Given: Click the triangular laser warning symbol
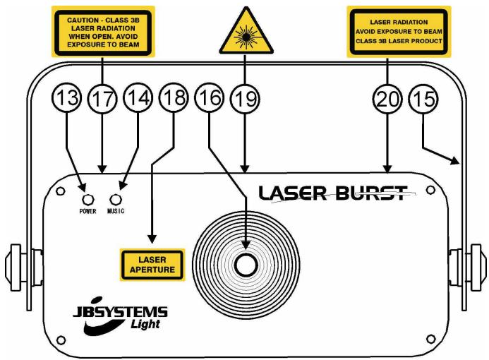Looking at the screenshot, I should (243, 31).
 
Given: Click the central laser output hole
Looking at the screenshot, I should (246, 265).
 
